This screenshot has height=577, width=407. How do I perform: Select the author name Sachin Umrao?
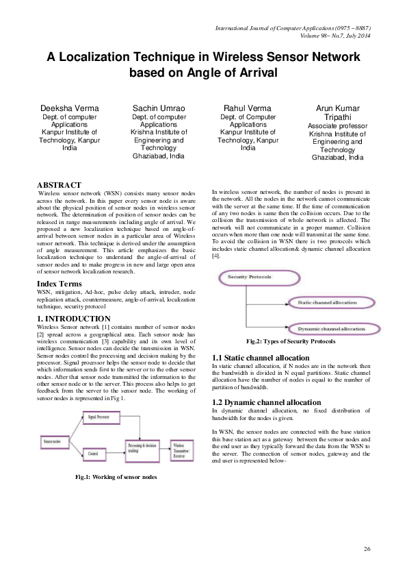(x=159, y=108)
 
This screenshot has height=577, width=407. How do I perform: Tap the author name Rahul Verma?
(x=248, y=108)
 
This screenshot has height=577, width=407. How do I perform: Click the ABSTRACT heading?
(x=60, y=185)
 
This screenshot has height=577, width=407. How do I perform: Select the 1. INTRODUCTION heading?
(x=73, y=319)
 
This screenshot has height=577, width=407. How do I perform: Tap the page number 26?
(x=367, y=550)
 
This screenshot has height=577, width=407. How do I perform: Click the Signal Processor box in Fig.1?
(x=96, y=416)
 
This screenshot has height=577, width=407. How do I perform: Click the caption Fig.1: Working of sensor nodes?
(x=117, y=476)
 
